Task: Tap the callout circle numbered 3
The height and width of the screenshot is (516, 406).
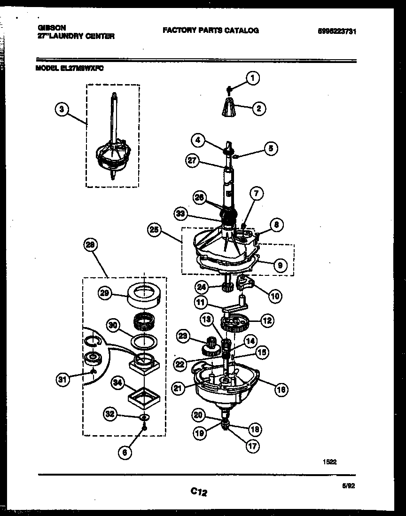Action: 62,109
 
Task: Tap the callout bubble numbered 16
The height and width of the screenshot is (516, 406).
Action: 281,389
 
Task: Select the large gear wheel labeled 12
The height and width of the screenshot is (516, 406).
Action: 234,324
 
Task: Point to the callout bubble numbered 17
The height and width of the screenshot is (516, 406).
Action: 252,446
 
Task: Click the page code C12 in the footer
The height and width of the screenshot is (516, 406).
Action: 199,492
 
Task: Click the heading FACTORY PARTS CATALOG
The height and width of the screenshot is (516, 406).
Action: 211,31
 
